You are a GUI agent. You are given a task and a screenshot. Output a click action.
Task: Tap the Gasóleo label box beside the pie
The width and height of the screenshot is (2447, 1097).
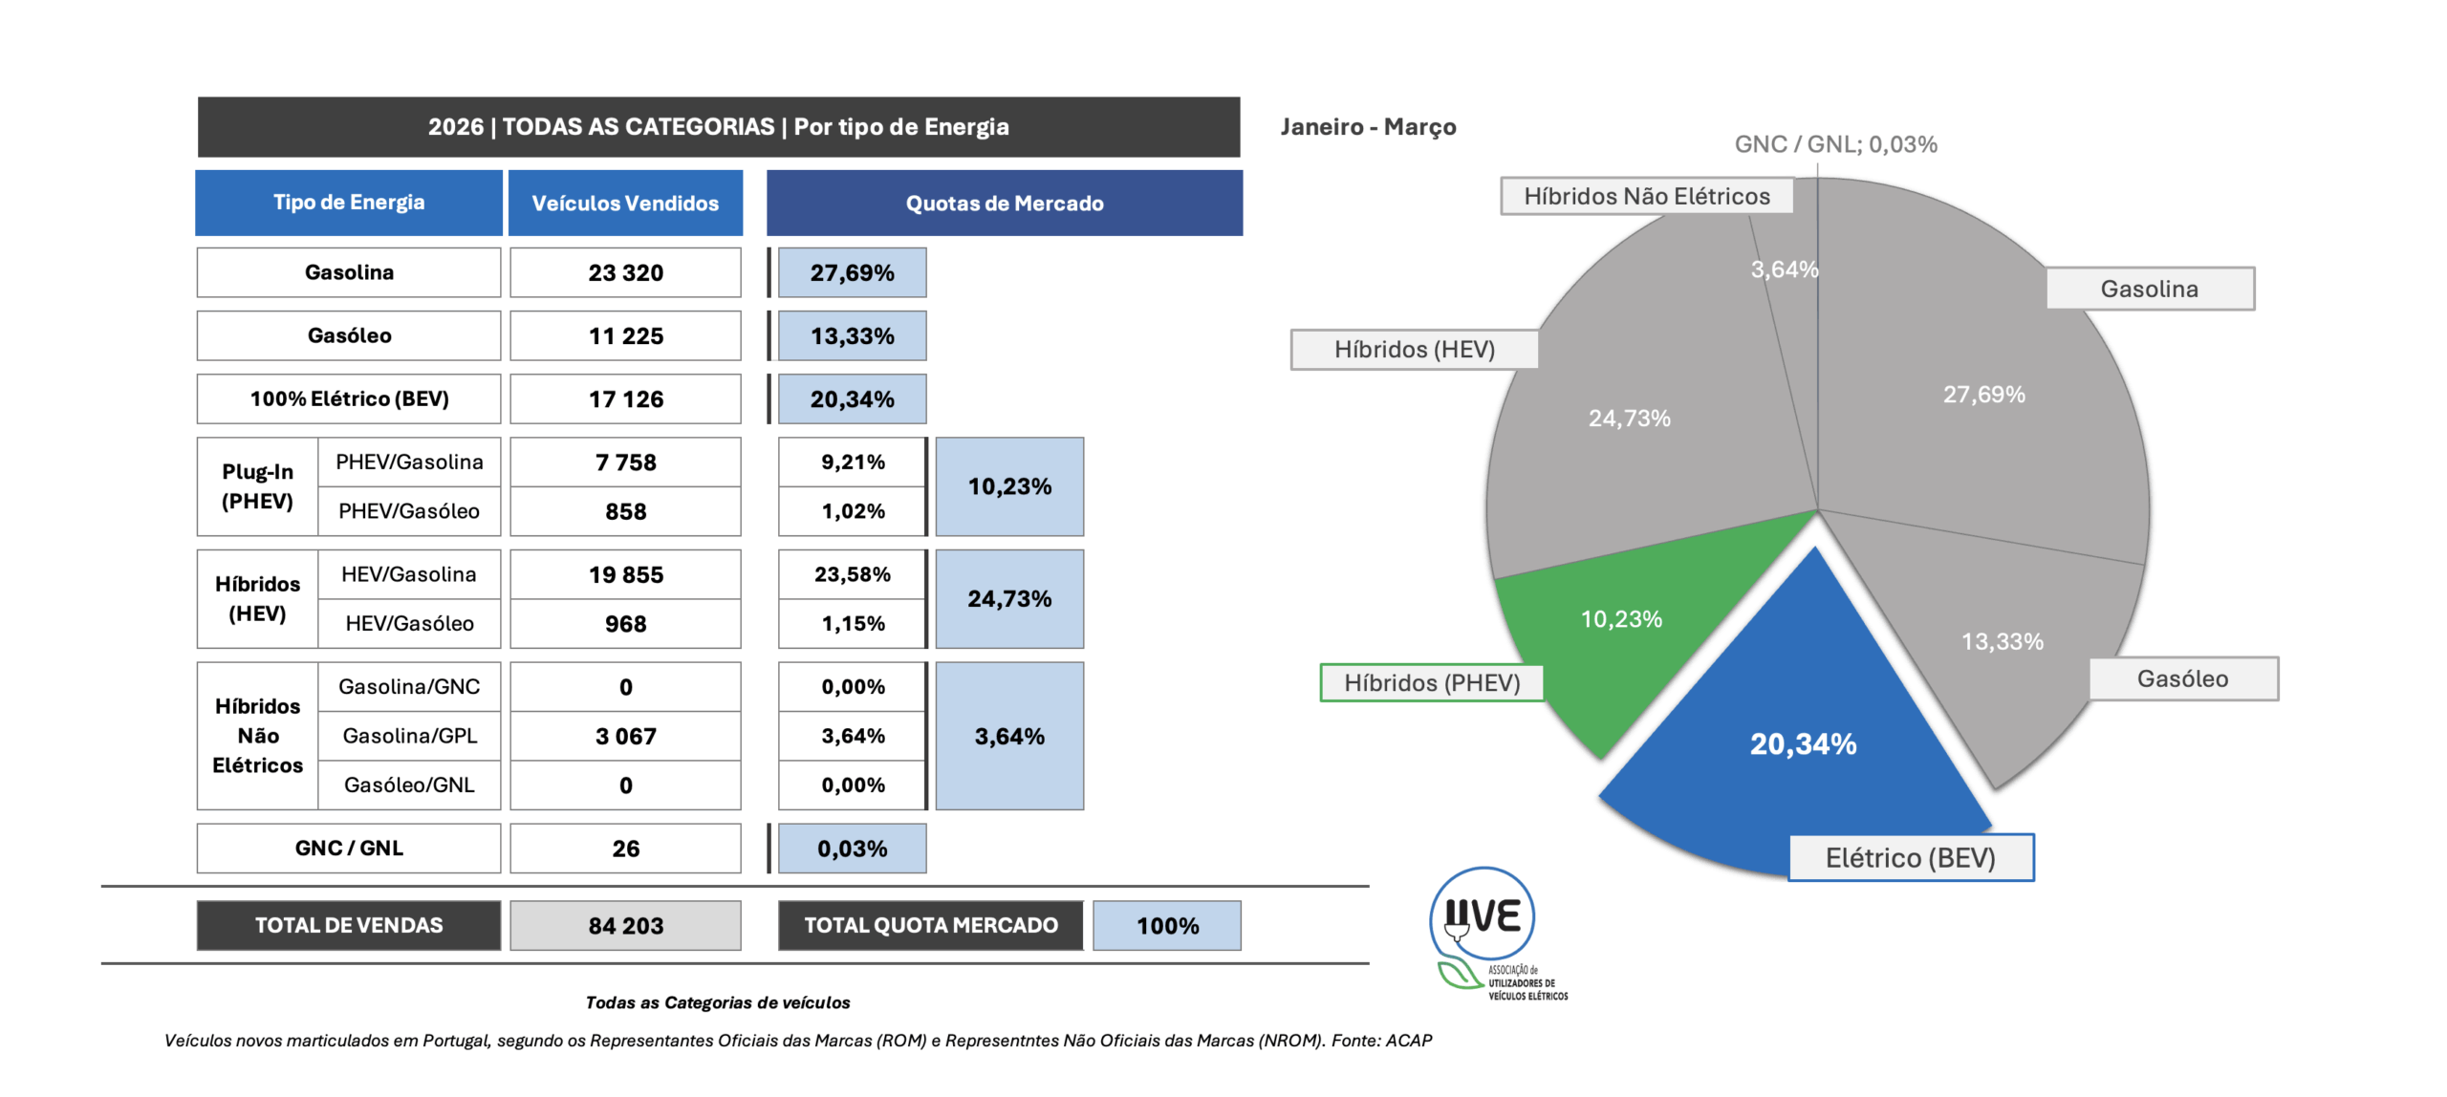click(2182, 678)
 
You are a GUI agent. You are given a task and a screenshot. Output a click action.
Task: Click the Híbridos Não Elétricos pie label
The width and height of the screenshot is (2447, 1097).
click(1645, 196)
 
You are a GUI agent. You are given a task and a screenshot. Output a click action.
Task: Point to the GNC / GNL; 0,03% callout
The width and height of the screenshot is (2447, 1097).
click(1834, 144)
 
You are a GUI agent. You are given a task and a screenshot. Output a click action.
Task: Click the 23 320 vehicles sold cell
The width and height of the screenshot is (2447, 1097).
click(625, 272)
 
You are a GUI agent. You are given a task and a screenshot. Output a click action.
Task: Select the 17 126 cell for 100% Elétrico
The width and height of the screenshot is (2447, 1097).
click(625, 398)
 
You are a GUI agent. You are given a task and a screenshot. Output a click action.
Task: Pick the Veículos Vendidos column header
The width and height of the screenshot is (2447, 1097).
click(625, 203)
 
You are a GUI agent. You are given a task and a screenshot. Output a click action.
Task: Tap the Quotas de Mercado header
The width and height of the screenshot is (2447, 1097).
click(1004, 203)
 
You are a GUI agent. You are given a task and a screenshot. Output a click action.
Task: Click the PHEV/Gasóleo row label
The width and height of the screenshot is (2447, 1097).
click(409, 511)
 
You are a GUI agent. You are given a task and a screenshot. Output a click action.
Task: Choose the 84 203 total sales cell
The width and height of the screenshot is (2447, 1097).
click(625, 925)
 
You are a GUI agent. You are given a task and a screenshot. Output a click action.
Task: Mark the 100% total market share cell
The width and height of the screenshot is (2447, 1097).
click(1166, 925)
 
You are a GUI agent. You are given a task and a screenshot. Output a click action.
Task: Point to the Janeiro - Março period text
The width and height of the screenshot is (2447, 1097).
click(1368, 127)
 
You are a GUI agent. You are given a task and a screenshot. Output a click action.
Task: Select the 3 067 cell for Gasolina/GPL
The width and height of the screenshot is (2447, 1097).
click(625, 736)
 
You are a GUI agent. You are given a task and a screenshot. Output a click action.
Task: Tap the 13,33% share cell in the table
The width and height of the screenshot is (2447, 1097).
click(852, 335)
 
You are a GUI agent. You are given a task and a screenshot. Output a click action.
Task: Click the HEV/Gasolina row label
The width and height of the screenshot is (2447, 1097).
click(409, 574)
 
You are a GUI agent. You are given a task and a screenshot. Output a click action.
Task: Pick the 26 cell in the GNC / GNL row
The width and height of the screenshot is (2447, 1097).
click(625, 848)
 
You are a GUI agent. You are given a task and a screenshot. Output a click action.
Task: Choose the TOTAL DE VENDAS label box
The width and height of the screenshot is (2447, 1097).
click(349, 925)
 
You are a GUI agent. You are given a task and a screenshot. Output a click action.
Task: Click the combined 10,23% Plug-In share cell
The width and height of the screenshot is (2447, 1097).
click(1009, 486)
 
